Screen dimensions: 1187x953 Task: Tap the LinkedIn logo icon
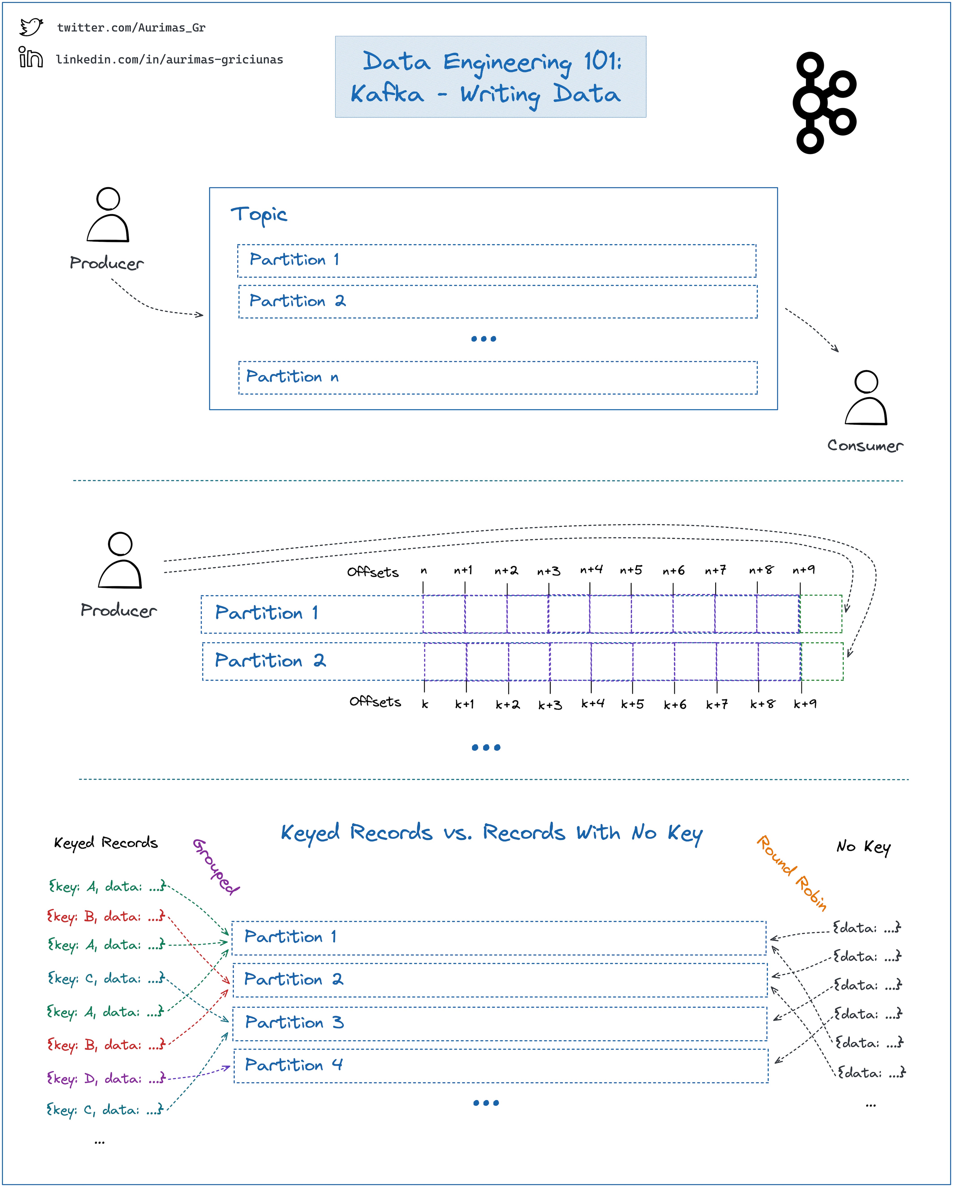pyautogui.click(x=31, y=57)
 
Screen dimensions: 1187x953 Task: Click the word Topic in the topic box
pyautogui.click(x=259, y=214)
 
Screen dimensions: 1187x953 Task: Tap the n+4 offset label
pyautogui.click(x=591, y=570)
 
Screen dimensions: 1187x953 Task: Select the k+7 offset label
pyautogui.click(x=717, y=704)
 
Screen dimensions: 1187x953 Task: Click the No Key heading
pyautogui.click(x=863, y=847)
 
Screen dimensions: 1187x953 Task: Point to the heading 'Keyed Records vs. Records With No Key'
pyautogui.click(x=491, y=833)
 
